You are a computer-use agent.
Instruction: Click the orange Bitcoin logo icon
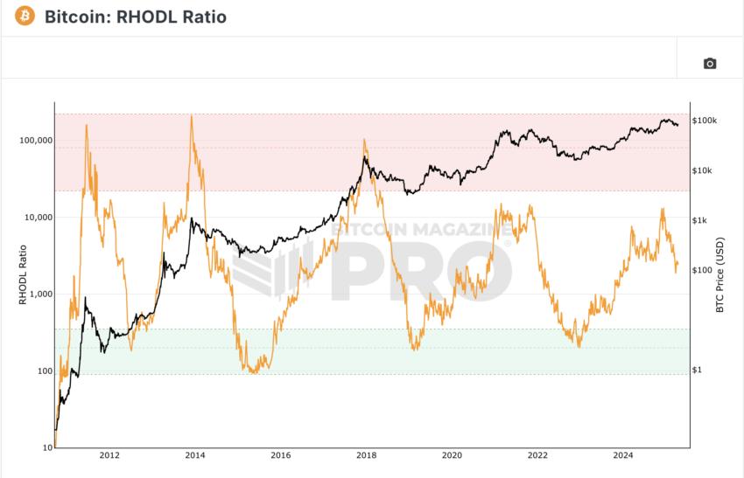pyautogui.click(x=25, y=17)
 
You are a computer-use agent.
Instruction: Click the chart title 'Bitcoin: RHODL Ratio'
pyautogui.click(x=135, y=17)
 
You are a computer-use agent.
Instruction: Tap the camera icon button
pyautogui.click(x=710, y=63)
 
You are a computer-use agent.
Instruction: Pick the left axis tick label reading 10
pyautogui.click(x=49, y=447)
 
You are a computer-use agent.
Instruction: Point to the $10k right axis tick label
pyautogui.click(x=702, y=170)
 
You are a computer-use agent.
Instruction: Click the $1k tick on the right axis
pyautogui.click(x=700, y=220)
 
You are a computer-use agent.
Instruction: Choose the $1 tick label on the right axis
pyautogui.click(x=698, y=370)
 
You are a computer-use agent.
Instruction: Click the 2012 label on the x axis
pyautogui.click(x=109, y=455)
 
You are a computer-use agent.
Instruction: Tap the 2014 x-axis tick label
pyautogui.click(x=195, y=455)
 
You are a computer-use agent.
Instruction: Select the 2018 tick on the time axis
pyautogui.click(x=366, y=455)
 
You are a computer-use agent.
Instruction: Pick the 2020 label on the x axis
pyautogui.click(x=452, y=455)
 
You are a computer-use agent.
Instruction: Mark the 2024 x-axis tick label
pyautogui.click(x=622, y=455)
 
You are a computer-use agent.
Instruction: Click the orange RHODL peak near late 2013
pyautogui.click(x=192, y=117)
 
